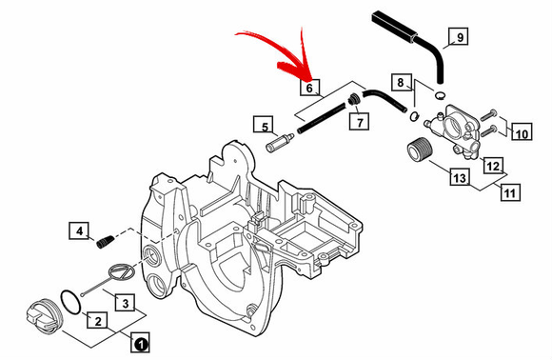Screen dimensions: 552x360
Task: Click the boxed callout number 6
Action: (310, 87)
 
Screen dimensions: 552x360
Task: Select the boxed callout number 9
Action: (459, 36)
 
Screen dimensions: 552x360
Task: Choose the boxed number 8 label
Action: (402, 83)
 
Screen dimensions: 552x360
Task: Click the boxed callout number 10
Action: (522, 131)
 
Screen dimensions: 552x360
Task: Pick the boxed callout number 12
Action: (493, 165)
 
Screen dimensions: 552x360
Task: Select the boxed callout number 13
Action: (460, 177)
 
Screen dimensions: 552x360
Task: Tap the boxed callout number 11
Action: (510, 192)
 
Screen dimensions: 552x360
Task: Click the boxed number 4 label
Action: (79, 230)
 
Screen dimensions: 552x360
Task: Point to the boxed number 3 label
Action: (125, 302)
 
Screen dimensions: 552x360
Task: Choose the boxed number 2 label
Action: (97, 320)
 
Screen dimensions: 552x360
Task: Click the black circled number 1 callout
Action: (141, 342)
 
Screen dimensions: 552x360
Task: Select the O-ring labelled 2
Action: (71, 302)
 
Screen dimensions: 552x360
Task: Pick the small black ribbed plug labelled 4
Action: (105, 242)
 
